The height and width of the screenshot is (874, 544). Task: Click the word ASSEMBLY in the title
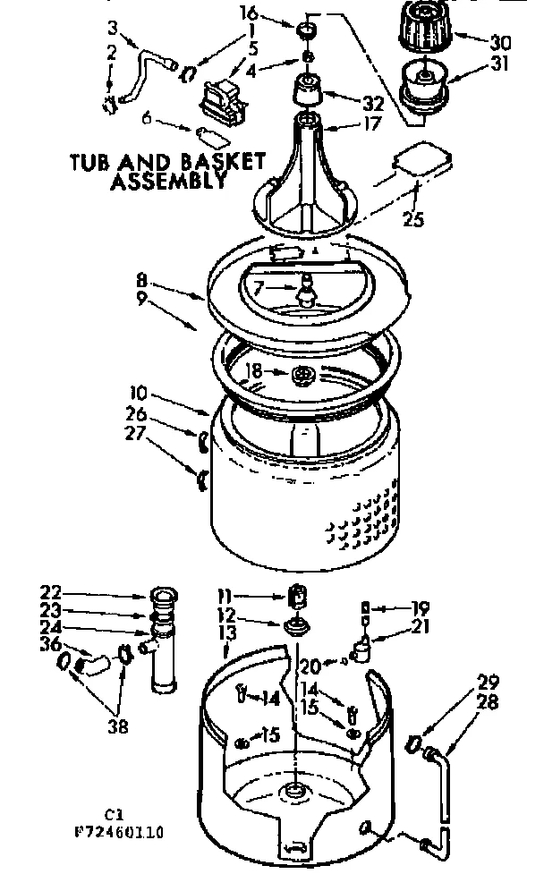[166, 182]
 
